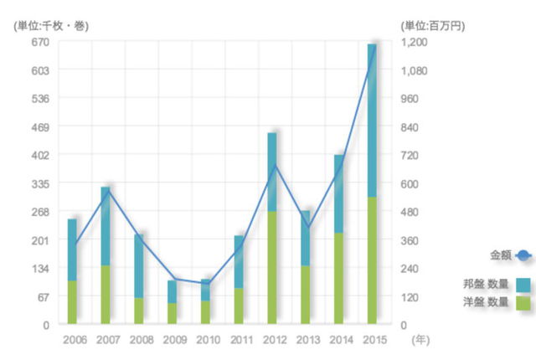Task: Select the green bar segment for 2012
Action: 272,268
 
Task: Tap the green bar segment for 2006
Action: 72,301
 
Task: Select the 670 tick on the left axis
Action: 40,42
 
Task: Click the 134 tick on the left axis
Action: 40,268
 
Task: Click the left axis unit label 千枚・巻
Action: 51,24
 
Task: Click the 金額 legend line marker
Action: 523,255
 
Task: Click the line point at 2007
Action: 106,191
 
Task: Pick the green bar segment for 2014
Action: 339,278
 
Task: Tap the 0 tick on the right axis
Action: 405,325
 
